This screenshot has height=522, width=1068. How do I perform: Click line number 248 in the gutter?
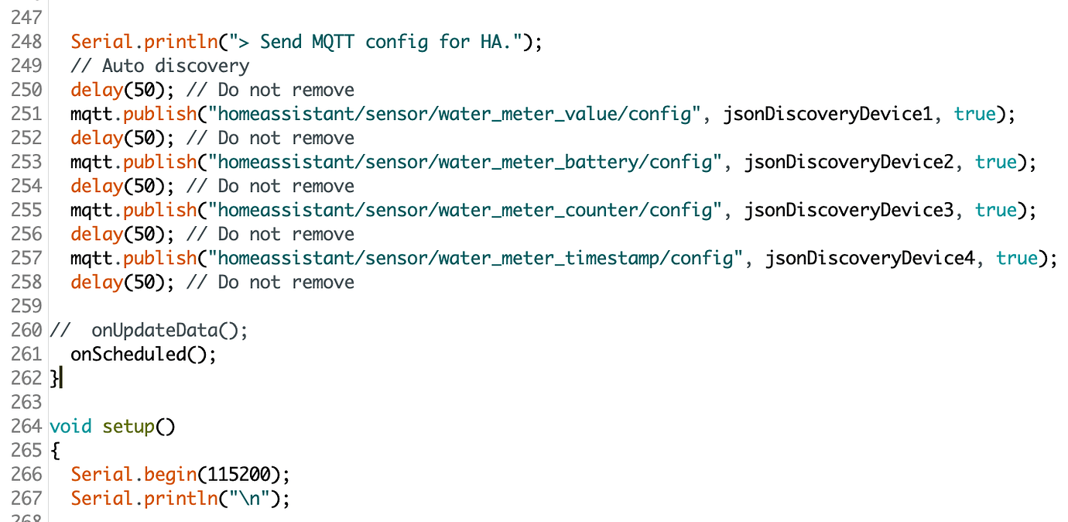tap(26, 42)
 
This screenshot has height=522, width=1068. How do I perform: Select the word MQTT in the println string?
tap(333, 42)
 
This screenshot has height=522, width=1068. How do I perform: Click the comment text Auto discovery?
tap(176, 67)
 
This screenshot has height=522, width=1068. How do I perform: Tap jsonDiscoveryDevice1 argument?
tap(827, 115)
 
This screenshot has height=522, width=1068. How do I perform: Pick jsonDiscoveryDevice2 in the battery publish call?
tap(849, 163)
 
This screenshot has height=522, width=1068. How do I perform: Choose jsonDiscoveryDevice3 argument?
tap(849, 211)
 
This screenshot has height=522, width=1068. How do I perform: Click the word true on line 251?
tap(975, 115)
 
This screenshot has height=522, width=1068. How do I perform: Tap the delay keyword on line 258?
tap(97, 283)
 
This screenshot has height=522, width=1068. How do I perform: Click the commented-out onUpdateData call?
tap(169, 331)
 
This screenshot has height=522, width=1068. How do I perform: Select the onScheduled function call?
tap(143, 355)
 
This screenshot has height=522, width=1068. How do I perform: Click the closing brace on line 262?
tap(54, 379)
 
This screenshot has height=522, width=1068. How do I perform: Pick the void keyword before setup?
tap(70, 427)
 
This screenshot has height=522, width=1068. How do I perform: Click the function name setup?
tap(128, 427)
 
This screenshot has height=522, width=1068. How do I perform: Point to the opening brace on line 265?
tap(55, 451)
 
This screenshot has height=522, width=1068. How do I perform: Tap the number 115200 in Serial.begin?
tap(239, 475)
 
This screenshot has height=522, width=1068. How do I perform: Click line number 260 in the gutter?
tap(26, 331)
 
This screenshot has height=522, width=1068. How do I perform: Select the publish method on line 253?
tap(159, 163)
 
